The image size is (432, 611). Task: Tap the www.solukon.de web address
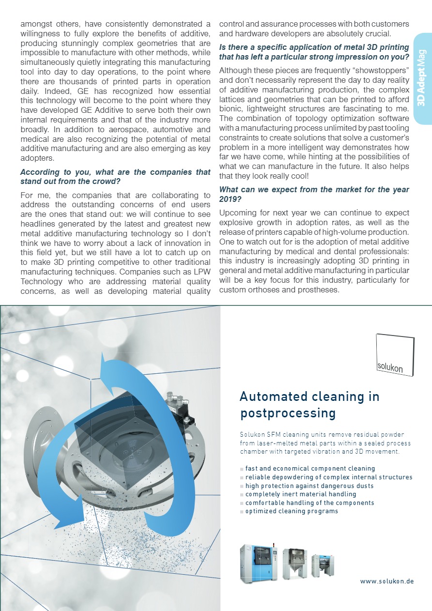coord(386,581)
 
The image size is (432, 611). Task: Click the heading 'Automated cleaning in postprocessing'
coord(309,405)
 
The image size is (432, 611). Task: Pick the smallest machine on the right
coord(323,565)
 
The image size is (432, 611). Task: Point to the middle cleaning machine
coord(295,563)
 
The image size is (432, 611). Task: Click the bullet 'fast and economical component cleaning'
coord(310,469)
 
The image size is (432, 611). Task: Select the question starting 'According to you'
coord(115,177)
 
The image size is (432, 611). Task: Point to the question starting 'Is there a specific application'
coord(314,52)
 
